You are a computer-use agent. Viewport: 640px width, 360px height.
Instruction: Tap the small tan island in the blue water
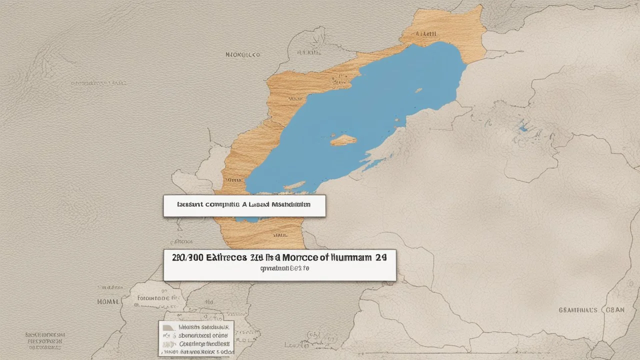click(x=344, y=140)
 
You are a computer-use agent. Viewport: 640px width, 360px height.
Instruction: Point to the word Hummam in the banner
click(x=349, y=258)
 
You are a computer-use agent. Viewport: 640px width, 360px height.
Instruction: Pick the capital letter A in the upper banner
click(x=244, y=204)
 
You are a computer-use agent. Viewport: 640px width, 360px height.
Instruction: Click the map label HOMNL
click(x=107, y=302)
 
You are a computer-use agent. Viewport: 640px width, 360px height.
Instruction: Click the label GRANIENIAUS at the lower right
click(x=577, y=310)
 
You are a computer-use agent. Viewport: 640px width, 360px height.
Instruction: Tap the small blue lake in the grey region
click(x=523, y=128)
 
